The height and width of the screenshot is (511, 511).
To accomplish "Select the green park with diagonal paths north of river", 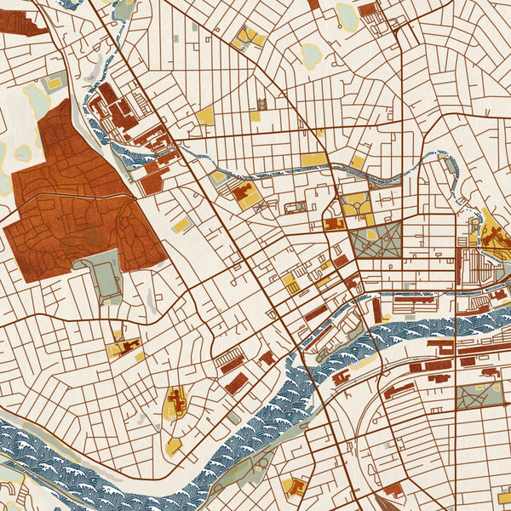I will point(375,242).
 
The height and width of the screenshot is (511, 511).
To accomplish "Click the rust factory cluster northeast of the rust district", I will point(119,115).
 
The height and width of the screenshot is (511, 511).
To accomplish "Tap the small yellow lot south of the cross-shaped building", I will point(174,445).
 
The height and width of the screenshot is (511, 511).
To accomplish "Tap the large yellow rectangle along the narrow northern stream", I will point(313,159).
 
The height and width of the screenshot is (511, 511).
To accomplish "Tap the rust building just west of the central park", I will point(332,224).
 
